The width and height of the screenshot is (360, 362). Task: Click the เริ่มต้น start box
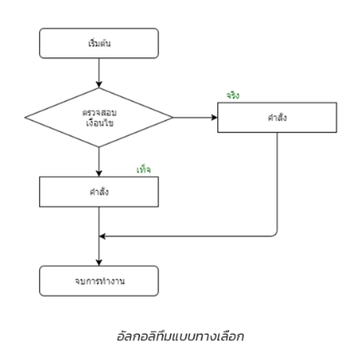pyautogui.click(x=98, y=43)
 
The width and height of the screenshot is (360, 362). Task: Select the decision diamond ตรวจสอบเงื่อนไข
pyautogui.click(x=98, y=117)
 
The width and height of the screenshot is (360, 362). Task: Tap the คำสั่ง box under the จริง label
pyautogui.click(x=276, y=117)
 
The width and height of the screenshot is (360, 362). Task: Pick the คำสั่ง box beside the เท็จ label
pyautogui.click(x=98, y=191)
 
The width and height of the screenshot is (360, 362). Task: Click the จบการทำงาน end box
pyautogui.click(x=98, y=279)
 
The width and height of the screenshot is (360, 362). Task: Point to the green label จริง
pyautogui.click(x=234, y=96)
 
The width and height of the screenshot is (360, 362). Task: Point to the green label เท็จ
pyautogui.click(x=144, y=169)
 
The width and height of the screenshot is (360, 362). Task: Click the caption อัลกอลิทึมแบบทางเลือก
pyautogui.click(x=182, y=337)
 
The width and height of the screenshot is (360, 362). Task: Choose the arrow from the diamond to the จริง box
pyautogui.click(x=195, y=117)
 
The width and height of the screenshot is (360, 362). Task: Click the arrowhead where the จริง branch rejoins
pyautogui.click(x=103, y=236)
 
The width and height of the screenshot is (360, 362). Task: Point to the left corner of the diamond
pyautogui.click(x=25, y=117)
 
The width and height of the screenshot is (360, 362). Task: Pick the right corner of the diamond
pyautogui.click(x=172, y=117)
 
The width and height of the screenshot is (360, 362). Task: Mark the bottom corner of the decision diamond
pyautogui.click(x=98, y=149)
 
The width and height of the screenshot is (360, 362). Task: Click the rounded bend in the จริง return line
pyautogui.click(x=274, y=233)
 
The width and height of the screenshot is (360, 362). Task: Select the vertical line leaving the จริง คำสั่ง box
pyautogui.click(x=276, y=182)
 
